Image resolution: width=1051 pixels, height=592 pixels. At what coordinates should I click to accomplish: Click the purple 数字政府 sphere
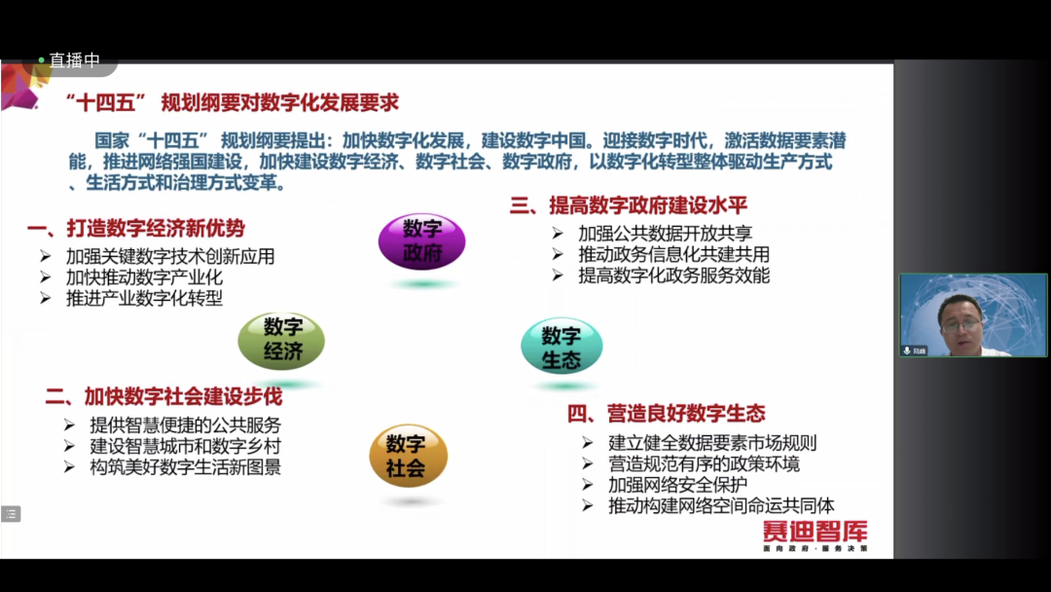421,242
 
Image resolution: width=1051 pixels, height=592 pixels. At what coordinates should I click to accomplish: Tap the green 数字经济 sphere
281,340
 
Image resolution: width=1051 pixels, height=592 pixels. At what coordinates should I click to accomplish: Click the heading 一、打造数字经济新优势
136,229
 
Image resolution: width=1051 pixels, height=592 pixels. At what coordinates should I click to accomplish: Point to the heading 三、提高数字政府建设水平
628,205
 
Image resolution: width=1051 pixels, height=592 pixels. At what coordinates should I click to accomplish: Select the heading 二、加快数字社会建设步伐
163,396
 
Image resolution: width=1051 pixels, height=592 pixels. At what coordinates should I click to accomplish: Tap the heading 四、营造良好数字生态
666,413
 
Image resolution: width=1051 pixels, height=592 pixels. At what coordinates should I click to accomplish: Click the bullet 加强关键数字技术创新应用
170,256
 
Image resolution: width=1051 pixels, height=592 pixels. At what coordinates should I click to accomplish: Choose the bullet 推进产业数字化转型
144,298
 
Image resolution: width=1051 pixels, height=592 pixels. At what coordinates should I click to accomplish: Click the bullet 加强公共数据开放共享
665,234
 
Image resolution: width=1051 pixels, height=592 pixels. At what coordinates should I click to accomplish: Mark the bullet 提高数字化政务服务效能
673,276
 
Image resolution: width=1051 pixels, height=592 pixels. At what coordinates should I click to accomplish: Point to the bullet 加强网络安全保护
677,485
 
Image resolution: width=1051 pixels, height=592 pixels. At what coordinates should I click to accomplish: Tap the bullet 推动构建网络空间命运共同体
721,505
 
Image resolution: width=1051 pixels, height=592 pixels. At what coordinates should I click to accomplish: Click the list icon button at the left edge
11,513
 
